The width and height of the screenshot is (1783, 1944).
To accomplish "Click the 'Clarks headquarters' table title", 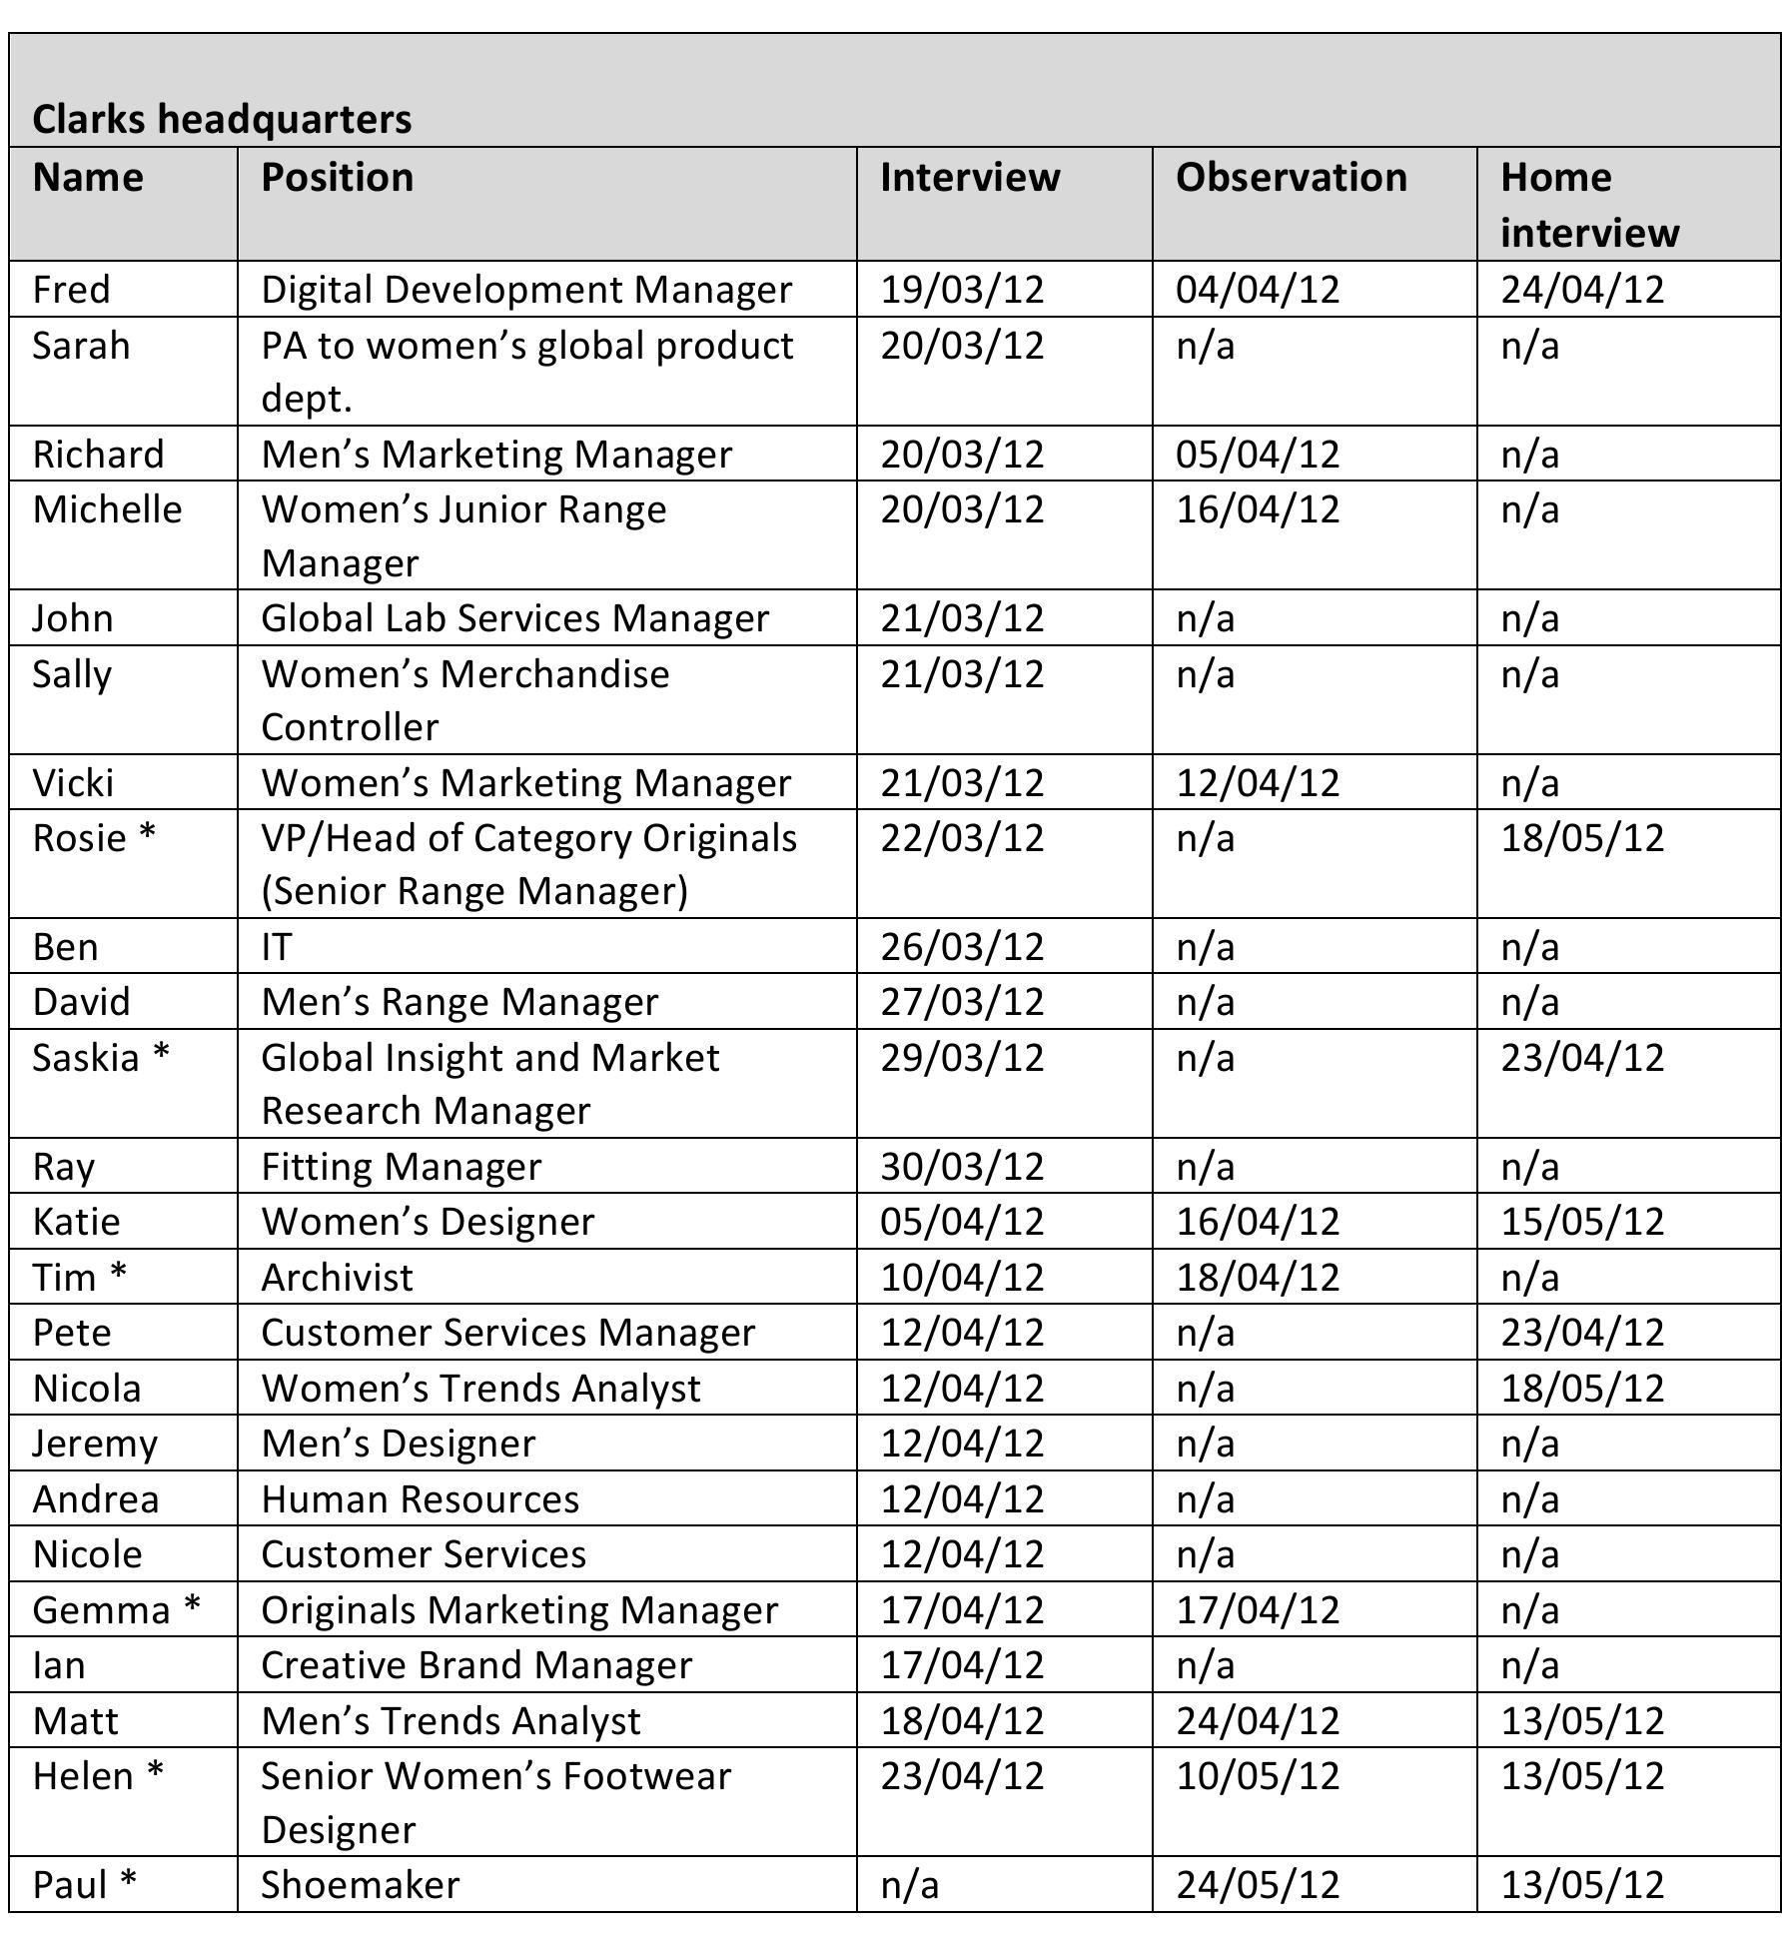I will (x=222, y=119).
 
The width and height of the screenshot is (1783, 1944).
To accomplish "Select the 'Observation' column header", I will (x=1291, y=178).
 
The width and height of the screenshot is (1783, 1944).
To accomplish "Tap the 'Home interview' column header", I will (x=1589, y=205).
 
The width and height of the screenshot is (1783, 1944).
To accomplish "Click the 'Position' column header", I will (x=337, y=178).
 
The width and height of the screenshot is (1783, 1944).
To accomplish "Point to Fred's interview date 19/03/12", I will (x=961, y=290).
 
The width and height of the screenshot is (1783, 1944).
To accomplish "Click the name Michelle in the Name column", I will (x=107, y=509).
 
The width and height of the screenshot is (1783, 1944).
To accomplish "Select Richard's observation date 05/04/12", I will (x=1257, y=455).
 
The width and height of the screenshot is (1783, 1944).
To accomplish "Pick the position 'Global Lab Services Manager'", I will (x=514, y=618).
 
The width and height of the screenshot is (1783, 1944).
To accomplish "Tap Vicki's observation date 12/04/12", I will (x=1257, y=782).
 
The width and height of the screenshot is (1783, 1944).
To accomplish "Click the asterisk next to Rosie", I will (x=147, y=835).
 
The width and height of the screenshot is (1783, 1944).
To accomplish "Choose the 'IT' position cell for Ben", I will (x=276, y=947).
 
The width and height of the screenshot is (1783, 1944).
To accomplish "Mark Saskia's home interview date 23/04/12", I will (x=1582, y=1058).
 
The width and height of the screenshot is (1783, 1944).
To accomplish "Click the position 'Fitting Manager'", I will (x=401, y=1167).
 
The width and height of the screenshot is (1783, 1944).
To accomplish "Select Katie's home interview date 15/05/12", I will (x=1582, y=1222).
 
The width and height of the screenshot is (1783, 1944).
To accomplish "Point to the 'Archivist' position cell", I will (x=337, y=1278).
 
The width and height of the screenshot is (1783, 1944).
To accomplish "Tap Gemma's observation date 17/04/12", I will (x=1257, y=1610).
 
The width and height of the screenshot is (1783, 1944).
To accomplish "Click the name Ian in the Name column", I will (x=59, y=1665).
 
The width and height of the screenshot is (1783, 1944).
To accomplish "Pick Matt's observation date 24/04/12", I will (x=1257, y=1721).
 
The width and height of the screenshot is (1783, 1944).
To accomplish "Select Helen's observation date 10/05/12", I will (x=1257, y=1776).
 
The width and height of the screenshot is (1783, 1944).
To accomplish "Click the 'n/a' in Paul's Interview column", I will (x=909, y=1885).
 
